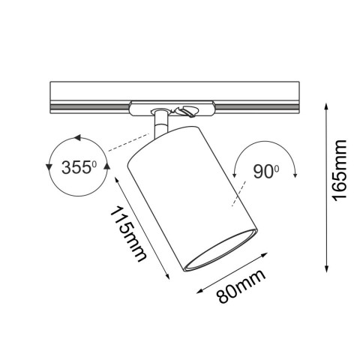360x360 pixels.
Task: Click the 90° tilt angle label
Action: point(263,172)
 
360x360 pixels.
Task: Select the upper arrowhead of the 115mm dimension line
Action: point(118,178)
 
